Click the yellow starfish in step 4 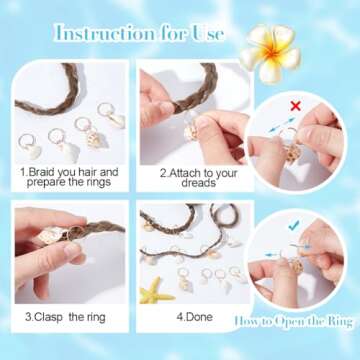pyautogui.click(x=157, y=292)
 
